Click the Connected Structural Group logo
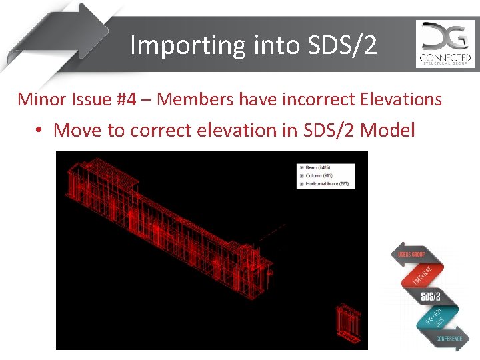pos(445,44)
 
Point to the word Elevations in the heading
pos(401,99)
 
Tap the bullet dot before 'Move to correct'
pos(41,130)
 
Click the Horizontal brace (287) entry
pos(327,184)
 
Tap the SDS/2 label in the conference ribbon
pos(431,296)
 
